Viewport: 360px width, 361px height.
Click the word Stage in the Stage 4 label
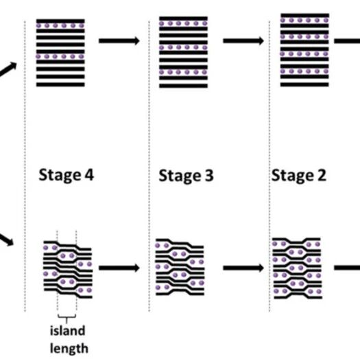(60, 176)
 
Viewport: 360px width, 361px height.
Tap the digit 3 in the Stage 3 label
(209, 176)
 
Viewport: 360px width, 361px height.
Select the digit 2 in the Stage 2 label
(322, 175)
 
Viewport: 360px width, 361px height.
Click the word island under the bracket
(68, 330)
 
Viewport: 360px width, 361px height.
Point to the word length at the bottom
(69, 348)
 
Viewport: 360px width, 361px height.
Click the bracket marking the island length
(67, 317)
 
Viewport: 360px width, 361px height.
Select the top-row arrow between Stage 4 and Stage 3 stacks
(119, 40)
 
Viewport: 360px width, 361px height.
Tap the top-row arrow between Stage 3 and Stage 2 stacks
(243, 40)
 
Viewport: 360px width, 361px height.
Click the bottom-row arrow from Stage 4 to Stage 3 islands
(119, 268)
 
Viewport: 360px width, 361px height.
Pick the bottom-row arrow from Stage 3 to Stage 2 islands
(243, 268)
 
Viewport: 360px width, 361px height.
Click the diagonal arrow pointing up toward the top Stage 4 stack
(8, 69)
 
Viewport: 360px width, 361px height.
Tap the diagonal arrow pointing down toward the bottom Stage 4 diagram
(7, 240)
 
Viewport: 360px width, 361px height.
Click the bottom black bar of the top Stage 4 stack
(60, 84)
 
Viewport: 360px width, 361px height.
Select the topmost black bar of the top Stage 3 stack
(184, 19)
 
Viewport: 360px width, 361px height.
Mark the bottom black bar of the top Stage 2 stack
(304, 84)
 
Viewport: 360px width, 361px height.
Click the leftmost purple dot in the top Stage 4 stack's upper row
(38, 25)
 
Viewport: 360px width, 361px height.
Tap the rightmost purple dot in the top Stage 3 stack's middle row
(205, 47)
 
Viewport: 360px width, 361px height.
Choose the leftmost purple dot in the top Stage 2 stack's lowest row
(283, 71)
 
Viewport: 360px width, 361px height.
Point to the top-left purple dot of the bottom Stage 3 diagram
(158, 246)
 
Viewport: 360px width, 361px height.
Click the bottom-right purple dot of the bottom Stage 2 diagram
(319, 292)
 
